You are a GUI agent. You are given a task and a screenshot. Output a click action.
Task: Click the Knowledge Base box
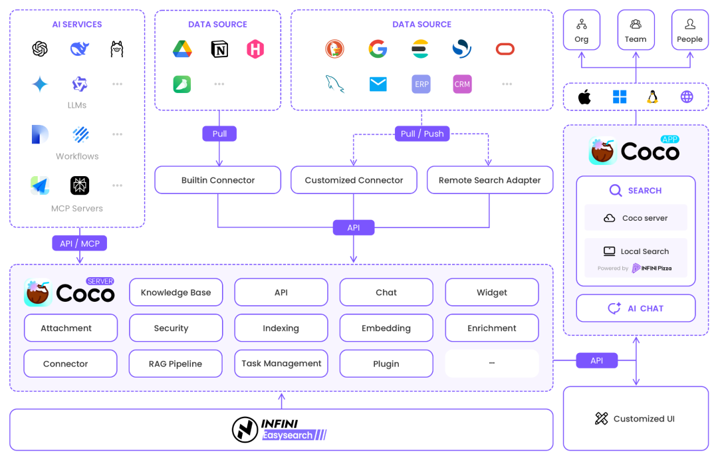tap(176, 292)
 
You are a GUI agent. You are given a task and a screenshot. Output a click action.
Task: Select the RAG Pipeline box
tap(176, 364)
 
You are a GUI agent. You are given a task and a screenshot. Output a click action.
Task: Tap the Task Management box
tap(281, 364)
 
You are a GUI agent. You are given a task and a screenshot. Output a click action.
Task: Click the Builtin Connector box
tap(218, 180)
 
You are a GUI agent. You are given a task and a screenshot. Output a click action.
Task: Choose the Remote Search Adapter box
tap(489, 180)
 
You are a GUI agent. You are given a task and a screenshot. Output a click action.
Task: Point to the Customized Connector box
tap(354, 180)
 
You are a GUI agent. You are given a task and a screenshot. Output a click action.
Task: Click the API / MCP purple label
tap(79, 243)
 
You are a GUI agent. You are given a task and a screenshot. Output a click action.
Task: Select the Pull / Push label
tap(422, 134)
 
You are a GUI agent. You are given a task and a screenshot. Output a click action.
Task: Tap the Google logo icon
tap(378, 49)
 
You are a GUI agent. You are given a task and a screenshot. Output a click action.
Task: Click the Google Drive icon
tap(183, 49)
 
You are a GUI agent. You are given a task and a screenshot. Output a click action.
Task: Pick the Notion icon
tap(219, 49)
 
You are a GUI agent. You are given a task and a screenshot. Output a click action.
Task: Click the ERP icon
tap(421, 84)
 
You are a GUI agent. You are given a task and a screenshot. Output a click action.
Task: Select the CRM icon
tap(462, 84)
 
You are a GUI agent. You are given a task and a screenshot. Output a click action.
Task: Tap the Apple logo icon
tap(584, 98)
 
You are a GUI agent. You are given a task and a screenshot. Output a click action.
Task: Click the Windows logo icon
tap(620, 98)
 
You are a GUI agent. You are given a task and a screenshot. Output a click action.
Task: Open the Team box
tap(636, 31)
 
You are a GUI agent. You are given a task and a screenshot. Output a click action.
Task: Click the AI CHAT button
tap(636, 308)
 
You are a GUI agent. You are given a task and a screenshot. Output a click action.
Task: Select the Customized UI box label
tap(636, 419)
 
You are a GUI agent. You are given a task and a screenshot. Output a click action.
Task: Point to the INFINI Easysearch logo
tap(280, 429)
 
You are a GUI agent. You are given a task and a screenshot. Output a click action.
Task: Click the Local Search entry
tap(636, 251)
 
